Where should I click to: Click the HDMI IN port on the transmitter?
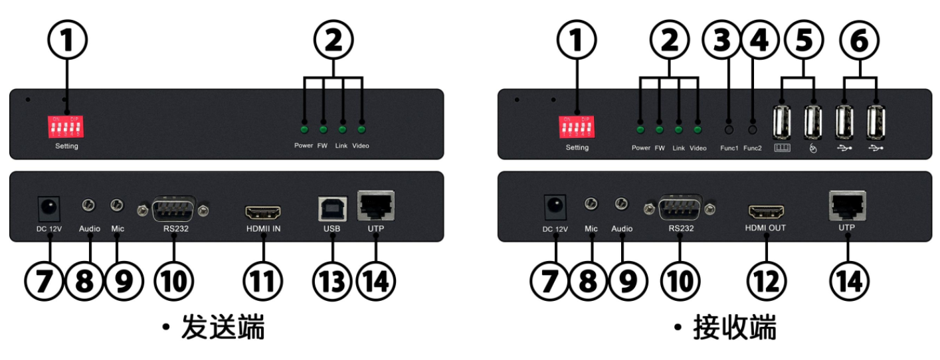point(263,213)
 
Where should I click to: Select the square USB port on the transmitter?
point(332,208)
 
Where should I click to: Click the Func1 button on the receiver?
point(729,130)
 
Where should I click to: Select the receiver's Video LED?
point(698,130)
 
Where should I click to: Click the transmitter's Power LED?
point(304,130)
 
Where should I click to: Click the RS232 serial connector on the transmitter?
point(173,211)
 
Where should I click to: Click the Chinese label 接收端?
point(734,329)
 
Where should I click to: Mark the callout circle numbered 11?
point(263,281)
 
